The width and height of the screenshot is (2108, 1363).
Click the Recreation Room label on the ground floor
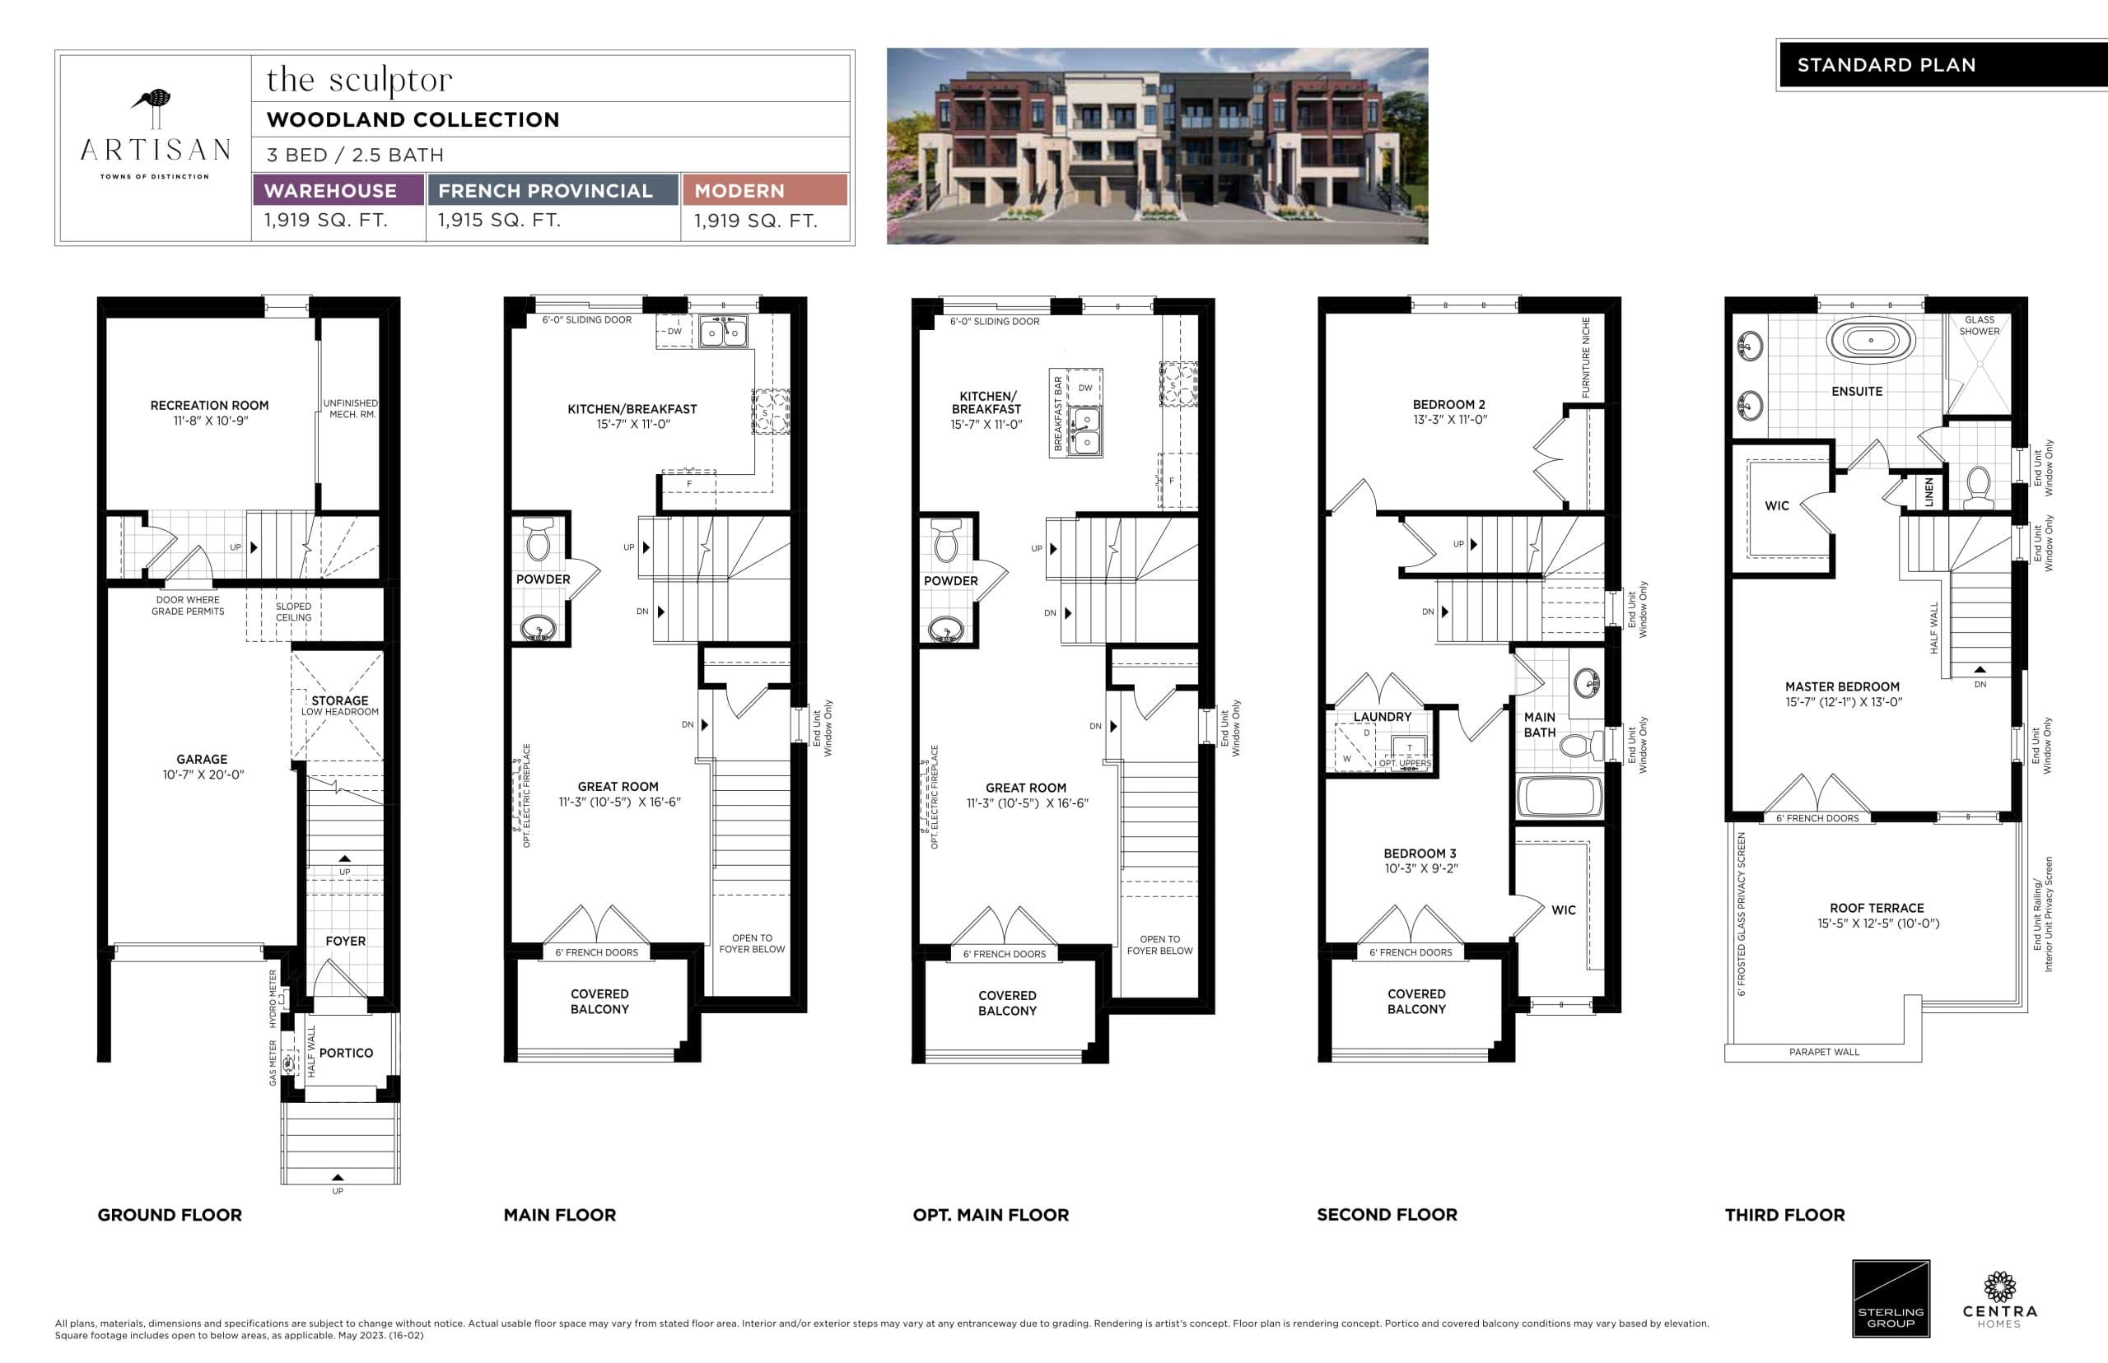pyautogui.click(x=209, y=405)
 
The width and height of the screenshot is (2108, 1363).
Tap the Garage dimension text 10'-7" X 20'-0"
pyautogui.click(x=203, y=775)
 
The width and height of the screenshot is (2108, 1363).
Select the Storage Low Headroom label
pyautogui.click(x=339, y=705)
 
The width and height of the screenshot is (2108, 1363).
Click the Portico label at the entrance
pyautogui.click(x=345, y=1053)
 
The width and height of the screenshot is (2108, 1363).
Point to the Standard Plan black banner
pyautogui.click(x=1941, y=64)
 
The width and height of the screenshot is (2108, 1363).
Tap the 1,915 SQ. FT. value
pyautogui.click(x=499, y=221)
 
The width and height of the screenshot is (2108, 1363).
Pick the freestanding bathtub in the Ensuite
pyautogui.click(x=1871, y=340)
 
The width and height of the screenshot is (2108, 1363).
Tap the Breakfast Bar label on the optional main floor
pyautogui.click(x=1058, y=413)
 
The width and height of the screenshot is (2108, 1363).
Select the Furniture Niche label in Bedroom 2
pyautogui.click(x=1586, y=356)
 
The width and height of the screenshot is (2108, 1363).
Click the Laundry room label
pyautogui.click(x=1382, y=717)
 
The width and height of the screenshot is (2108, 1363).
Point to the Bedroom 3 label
pyautogui.click(x=1420, y=854)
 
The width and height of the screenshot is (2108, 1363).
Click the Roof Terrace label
pyautogui.click(x=1876, y=908)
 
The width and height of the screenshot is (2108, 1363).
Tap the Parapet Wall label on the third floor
pyautogui.click(x=1824, y=1051)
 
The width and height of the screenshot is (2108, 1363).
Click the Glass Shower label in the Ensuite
pyautogui.click(x=1979, y=326)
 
